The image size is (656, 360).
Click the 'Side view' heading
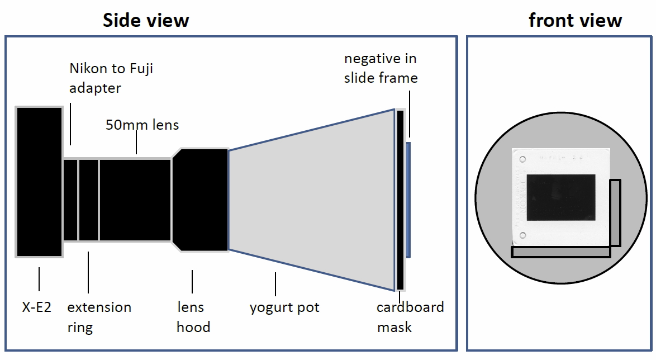tap(146, 20)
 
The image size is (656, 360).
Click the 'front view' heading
tap(575, 20)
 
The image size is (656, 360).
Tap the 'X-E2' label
tap(36, 307)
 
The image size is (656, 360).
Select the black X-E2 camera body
tap(39, 182)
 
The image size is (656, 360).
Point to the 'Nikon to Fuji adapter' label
tap(111, 78)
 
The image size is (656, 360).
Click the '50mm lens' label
tap(142, 125)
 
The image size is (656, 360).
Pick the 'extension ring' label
tap(99, 317)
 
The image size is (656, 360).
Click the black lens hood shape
tap(201, 200)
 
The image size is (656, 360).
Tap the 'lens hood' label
tap(193, 317)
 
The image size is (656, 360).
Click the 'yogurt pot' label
tap(284, 307)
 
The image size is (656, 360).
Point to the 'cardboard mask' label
tap(410, 317)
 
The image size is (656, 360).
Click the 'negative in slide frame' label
tap(381, 68)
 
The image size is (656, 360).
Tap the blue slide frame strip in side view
tap(408, 200)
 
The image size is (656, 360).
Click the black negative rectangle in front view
tap(560, 197)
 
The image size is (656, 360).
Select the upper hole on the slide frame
tap(522, 159)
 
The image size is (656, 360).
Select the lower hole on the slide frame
tap(522, 236)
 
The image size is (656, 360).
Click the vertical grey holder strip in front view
tap(615, 212)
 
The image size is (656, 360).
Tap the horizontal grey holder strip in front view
tap(560, 252)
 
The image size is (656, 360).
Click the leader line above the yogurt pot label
tap(275, 284)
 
